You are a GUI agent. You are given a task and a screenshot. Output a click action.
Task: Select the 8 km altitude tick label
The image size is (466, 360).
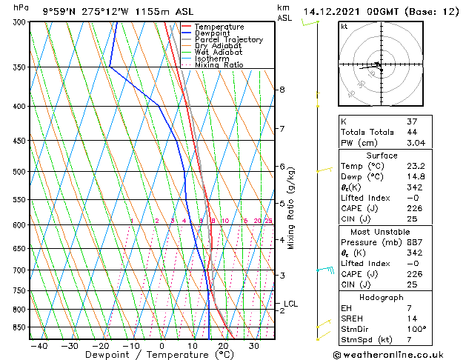(282, 90)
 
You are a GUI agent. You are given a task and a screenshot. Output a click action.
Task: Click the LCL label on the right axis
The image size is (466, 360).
(290, 304)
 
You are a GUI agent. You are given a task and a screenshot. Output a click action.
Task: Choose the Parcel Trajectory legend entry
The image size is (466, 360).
(228, 40)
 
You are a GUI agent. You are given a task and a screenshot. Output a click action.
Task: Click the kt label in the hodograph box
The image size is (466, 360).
(344, 27)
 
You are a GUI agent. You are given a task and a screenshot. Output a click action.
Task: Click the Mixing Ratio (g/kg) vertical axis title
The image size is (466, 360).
(291, 208)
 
